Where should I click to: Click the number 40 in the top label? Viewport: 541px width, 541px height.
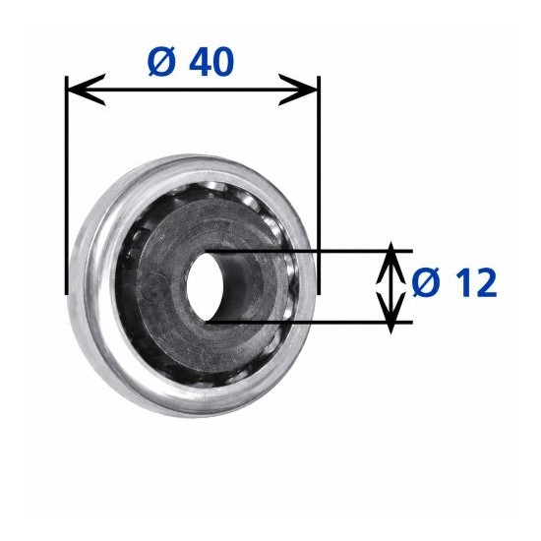coord(211,61)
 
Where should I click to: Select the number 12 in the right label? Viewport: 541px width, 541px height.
coord(475,283)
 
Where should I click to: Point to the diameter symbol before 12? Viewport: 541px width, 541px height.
coord(426,283)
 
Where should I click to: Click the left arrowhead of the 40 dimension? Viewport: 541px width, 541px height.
coord(86,90)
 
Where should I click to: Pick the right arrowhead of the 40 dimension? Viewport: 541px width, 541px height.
coord(298,90)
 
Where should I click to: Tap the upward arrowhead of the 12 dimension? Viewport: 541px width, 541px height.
coord(391,264)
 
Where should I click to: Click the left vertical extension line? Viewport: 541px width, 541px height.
coord(67,186)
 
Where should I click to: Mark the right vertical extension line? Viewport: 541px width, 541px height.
coord(319,186)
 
